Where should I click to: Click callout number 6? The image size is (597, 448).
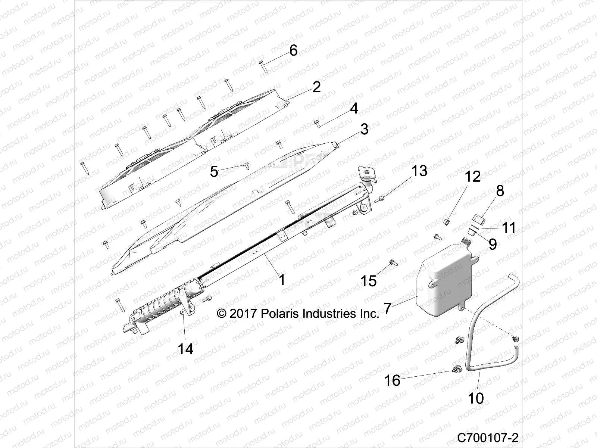click(x=293, y=50)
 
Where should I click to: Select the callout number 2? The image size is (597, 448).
click(x=316, y=87)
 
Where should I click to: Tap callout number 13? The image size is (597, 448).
click(x=419, y=171)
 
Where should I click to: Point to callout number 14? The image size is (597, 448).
click(x=185, y=349)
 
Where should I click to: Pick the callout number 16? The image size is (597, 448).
click(x=392, y=380)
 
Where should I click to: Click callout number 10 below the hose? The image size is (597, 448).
click(x=476, y=398)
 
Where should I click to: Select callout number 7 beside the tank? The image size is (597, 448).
click(x=388, y=309)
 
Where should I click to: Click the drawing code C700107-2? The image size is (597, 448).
click(x=488, y=437)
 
